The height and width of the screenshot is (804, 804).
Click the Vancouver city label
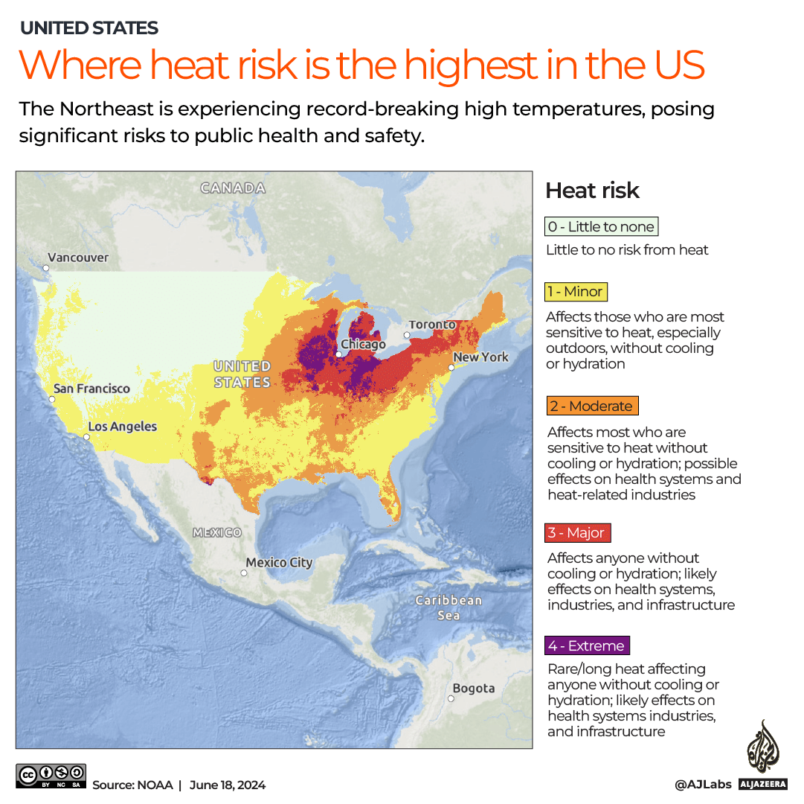tap(78, 258)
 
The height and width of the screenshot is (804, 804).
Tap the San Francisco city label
tap(91, 389)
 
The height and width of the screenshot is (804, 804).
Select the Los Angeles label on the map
tap(123, 427)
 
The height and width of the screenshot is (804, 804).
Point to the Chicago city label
tap(363, 345)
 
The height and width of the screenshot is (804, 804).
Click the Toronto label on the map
tap(432, 325)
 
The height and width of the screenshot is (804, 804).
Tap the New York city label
tap(480, 357)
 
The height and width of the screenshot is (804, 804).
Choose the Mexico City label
tap(279, 563)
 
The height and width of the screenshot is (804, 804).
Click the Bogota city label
tap(473, 689)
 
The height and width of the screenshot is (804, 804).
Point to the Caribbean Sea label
tap(448, 607)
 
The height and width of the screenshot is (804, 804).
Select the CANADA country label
tap(233, 188)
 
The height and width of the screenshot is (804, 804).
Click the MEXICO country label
tap(217, 532)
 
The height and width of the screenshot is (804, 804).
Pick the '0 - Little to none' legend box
tap(601, 227)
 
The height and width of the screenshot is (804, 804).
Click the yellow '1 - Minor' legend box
tap(576, 292)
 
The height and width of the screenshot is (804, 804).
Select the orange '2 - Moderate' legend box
tap(592, 406)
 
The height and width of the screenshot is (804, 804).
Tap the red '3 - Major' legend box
tap(578, 533)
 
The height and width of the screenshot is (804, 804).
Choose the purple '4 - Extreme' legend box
tap(587, 645)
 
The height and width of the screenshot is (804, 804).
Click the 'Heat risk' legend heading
tap(592, 191)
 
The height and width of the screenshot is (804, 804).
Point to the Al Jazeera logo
tap(763, 752)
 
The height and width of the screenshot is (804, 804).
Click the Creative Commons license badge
tap(51, 776)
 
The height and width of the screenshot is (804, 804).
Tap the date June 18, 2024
tap(227, 785)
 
